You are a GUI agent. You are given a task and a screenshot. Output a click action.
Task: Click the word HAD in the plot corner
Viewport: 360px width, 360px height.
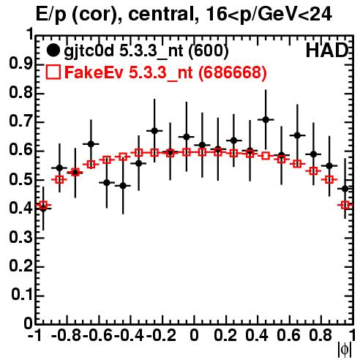coord(327,50)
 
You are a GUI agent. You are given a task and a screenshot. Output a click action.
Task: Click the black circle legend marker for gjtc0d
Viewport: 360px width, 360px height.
coord(53,50)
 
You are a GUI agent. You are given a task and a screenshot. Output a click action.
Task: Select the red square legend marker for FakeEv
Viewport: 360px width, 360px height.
coord(53,72)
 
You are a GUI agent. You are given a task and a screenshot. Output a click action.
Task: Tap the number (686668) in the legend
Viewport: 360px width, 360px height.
coord(233,72)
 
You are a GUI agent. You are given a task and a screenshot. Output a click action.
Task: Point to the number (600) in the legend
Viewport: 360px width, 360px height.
coord(209,51)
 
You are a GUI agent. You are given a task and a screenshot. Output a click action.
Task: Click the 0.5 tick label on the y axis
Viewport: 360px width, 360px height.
coord(20,180)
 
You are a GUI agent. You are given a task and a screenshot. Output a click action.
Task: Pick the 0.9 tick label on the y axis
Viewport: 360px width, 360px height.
coord(20,64)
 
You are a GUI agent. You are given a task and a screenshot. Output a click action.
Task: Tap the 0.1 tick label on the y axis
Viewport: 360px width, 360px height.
coord(21,296)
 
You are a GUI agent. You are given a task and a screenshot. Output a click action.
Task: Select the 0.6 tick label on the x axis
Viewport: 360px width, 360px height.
coord(288,335)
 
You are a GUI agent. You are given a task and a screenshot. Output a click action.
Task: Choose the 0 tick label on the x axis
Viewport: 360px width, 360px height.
coord(194,335)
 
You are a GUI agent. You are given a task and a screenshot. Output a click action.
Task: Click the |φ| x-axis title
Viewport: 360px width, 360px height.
coord(345,350)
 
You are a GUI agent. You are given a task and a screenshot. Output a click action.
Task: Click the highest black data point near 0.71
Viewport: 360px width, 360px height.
coord(266,119)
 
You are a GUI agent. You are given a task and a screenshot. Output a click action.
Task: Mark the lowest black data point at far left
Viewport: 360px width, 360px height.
coord(43,208)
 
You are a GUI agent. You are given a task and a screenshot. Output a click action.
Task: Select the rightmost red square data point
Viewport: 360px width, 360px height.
coord(345,205)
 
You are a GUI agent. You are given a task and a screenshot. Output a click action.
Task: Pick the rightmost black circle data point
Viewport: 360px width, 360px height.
coord(345,189)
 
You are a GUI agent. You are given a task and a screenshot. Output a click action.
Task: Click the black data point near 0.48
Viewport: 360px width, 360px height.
coord(123,186)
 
